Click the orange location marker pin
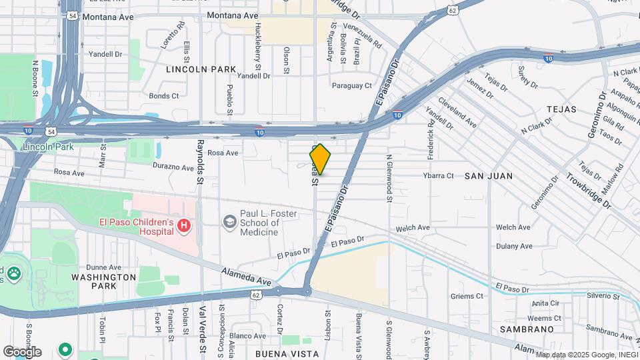click(320, 159)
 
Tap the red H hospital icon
click(184, 227)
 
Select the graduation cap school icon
click(230, 221)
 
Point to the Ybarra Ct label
click(438, 176)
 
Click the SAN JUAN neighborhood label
click(489, 176)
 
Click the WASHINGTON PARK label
click(103, 281)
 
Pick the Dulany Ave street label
click(514, 246)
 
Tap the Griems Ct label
click(467, 296)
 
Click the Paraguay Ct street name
click(351, 85)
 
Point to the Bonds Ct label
click(164, 96)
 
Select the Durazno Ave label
click(173, 165)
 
